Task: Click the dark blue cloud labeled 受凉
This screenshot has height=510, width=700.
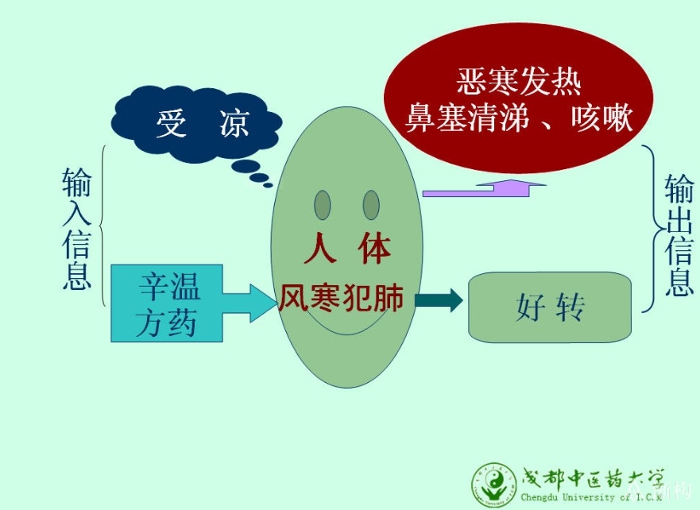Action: click(x=196, y=124)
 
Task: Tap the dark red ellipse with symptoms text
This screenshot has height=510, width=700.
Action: click(x=518, y=98)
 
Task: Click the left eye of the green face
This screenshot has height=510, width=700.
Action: click(x=323, y=205)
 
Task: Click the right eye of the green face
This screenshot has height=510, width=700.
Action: click(x=371, y=205)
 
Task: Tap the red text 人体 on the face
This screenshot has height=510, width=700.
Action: click(x=348, y=248)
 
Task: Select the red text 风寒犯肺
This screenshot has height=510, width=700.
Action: click(x=342, y=298)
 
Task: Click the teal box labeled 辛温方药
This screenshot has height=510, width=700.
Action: click(x=167, y=303)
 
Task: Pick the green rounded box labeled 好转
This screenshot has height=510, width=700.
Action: click(x=550, y=307)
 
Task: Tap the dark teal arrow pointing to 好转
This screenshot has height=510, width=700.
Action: click(x=439, y=299)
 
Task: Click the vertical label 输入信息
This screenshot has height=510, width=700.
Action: click(x=77, y=229)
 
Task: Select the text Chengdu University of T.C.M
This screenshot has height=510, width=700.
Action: click(x=590, y=497)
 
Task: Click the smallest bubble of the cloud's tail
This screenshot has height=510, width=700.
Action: click(x=268, y=185)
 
